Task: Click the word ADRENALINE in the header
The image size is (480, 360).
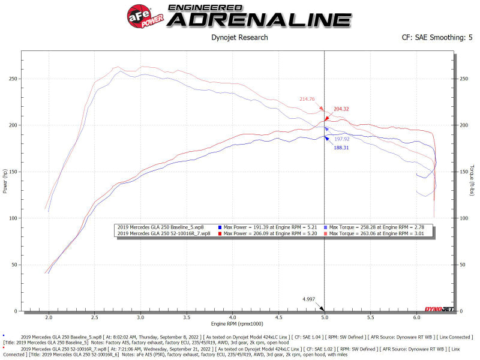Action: pyautogui.click(x=260, y=20)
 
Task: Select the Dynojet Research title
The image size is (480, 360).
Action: pyautogui.click(x=240, y=38)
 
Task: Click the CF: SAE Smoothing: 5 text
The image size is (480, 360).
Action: pyautogui.click(x=437, y=38)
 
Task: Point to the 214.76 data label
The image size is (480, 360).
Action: pyautogui.click(x=307, y=98)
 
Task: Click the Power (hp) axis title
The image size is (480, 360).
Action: pyautogui.click(x=5, y=181)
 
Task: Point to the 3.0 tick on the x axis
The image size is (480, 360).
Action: pyautogui.click(x=140, y=317)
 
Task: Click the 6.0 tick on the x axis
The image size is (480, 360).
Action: pyautogui.click(x=416, y=317)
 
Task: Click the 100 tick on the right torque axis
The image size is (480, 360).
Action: pyautogui.click(x=464, y=218)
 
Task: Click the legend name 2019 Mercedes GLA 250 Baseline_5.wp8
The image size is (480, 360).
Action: pyautogui.click(x=161, y=227)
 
